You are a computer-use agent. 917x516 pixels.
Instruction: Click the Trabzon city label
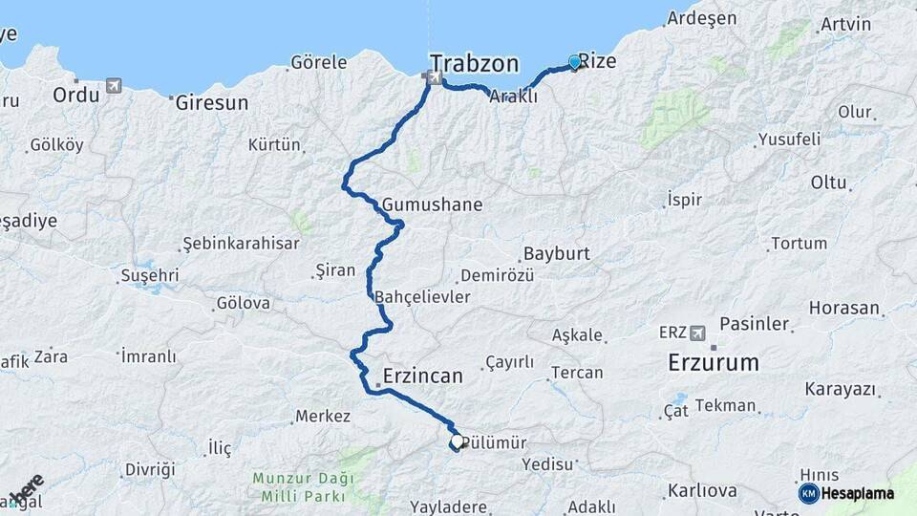click(474, 64)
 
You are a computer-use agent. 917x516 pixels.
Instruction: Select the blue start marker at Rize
click(575, 62)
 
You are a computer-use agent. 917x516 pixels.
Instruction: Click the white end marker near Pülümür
click(457, 441)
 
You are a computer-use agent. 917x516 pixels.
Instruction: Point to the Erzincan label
click(422, 376)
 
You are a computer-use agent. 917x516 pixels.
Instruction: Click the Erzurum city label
click(714, 362)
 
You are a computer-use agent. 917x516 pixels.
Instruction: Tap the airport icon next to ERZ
click(699, 332)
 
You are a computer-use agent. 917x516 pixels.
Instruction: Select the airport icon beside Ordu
click(115, 86)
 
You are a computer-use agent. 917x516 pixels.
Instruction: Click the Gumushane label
click(432, 204)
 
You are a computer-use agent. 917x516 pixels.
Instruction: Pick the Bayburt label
click(556, 255)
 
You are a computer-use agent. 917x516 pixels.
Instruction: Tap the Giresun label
click(211, 102)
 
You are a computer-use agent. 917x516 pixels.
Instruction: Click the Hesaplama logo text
click(858, 493)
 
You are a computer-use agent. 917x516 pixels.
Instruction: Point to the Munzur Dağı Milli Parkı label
click(303, 485)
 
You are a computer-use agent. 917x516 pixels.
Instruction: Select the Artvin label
click(845, 24)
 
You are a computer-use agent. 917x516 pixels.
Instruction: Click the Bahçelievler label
click(422, 297)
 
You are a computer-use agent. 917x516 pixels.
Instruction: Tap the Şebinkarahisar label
click(241, 243)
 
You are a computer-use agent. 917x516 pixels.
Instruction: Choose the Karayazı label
click(841, 389)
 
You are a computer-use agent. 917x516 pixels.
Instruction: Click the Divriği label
click(150, 469)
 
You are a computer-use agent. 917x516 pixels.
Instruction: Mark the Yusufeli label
click(789, 140)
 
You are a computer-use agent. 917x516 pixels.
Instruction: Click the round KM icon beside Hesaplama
click(808, 493)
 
